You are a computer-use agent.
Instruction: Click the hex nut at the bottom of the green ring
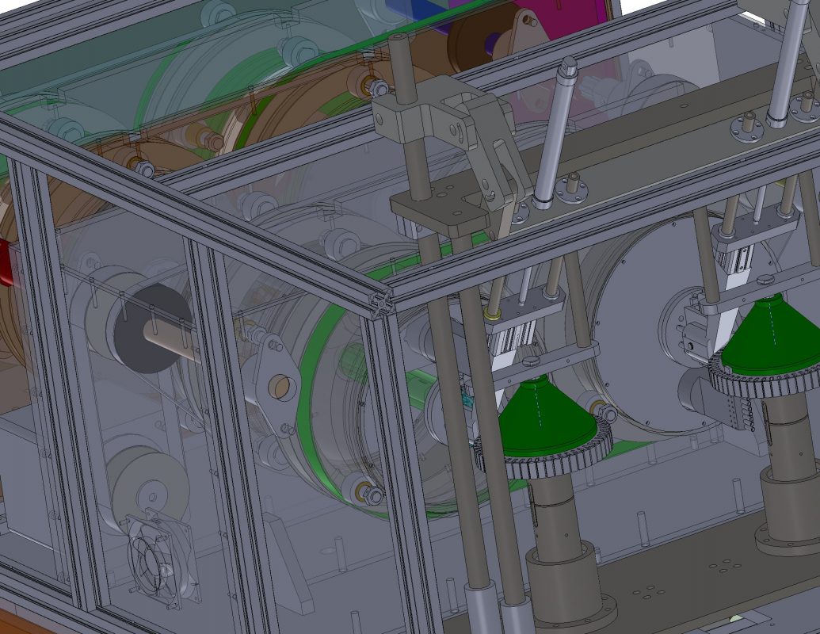(x=372, y=495)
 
